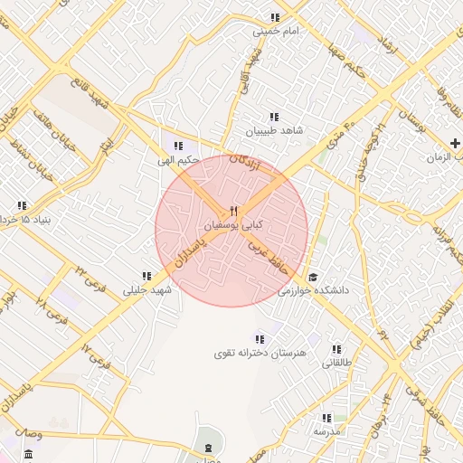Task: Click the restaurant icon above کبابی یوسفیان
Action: [233, 211]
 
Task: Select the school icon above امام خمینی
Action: [275, 18]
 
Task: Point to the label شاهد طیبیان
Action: [275, 130]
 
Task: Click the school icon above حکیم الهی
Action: [178, 146]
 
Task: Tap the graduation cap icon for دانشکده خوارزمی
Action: [313, 278]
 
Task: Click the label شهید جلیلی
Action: [146, 290]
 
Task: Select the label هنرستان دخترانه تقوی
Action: [260, 352]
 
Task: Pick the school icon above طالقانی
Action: [336, 349]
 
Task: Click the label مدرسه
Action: [326, 432]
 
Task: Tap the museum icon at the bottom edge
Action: [209, 449]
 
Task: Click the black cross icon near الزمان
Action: [455, 143]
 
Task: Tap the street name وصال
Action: [27, 435]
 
